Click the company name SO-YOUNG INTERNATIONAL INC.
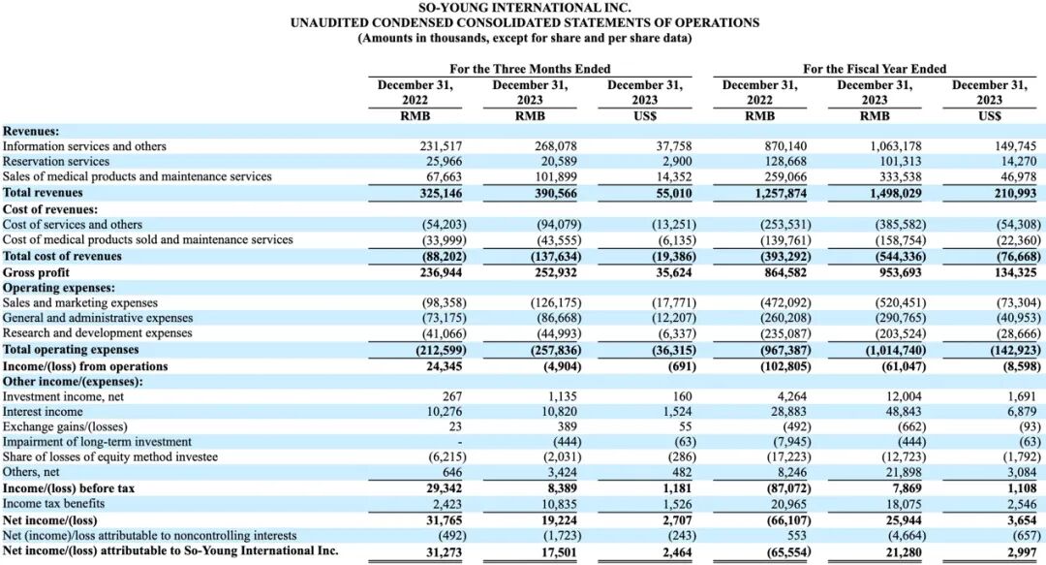tap(524, 8)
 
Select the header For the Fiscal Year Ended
tap(875, 69)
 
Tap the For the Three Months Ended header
tap(530, 69)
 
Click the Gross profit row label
tap(37, 272)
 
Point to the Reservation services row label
tap(56, 162)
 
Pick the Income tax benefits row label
tap(53, 504)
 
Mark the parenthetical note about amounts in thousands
tap(524, 38)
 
